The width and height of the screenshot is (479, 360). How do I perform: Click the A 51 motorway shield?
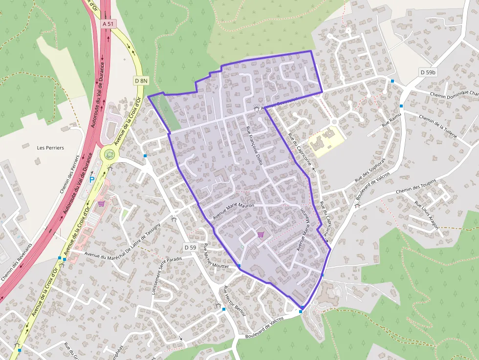pyautogui.click(x=108, y=23)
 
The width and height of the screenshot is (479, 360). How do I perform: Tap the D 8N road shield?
pyautogui.click(x=141, y=81)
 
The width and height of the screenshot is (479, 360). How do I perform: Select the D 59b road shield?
pyautogui.click(x=428, y=72)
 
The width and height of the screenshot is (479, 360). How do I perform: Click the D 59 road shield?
pyautogui.click(x=190, y=248)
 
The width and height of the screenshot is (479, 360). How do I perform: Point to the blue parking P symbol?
pyautogui.click(x=92, y=180)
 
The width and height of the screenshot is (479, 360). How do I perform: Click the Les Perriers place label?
pyautogui.click(x=50, y=148)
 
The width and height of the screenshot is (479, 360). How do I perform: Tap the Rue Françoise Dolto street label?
pyautogui.click(x=255, y=145)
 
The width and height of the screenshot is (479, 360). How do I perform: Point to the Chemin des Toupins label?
pyautogui.click(x=415, y=186)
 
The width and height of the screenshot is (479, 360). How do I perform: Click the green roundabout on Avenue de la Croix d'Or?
pyautogui.click(x=109, y=155)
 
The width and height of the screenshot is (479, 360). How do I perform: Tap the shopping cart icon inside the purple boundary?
pyautogui.click(x=261, y=235)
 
